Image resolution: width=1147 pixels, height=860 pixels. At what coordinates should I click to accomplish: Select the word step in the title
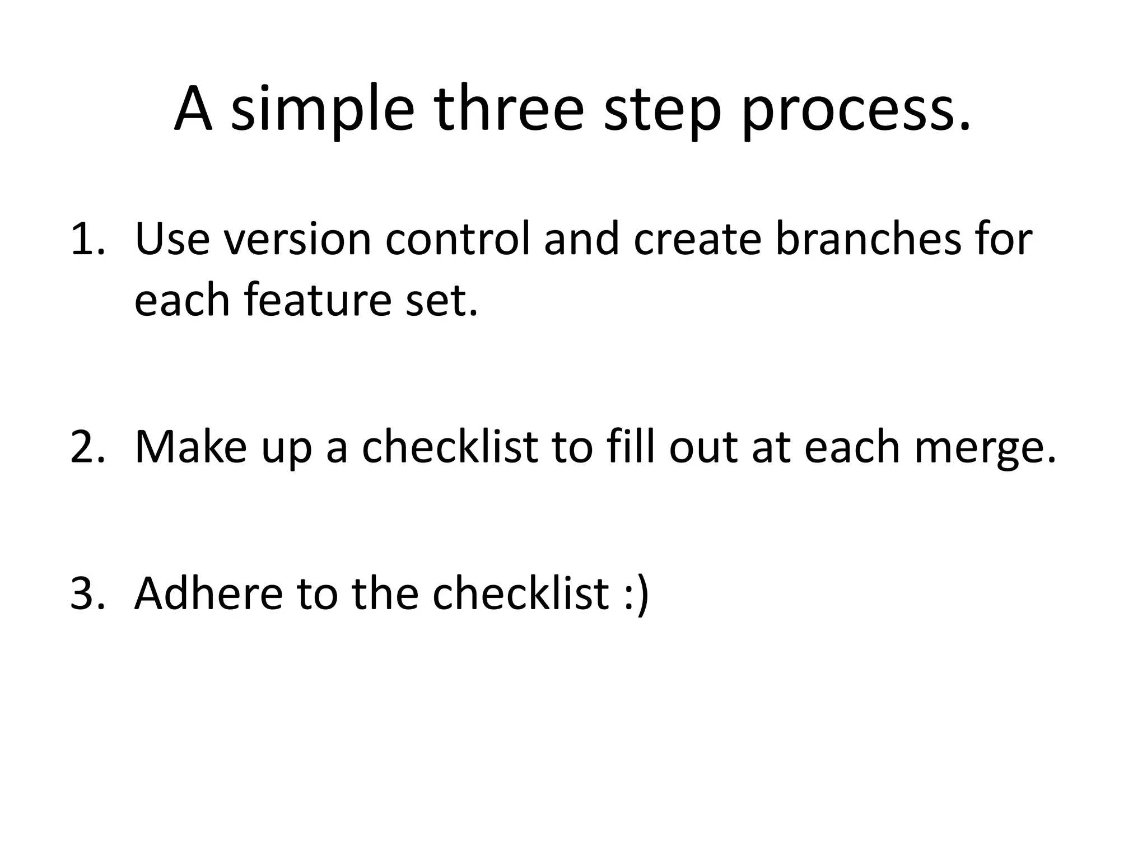(662, 110)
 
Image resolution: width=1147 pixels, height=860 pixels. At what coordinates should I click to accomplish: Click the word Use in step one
(171, 240)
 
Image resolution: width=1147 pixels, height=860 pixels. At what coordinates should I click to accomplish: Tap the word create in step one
(697, 240)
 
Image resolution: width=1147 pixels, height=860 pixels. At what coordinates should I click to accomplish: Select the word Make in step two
(190, 447)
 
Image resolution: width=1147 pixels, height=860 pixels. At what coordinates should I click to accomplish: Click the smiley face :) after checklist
(636, 593)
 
